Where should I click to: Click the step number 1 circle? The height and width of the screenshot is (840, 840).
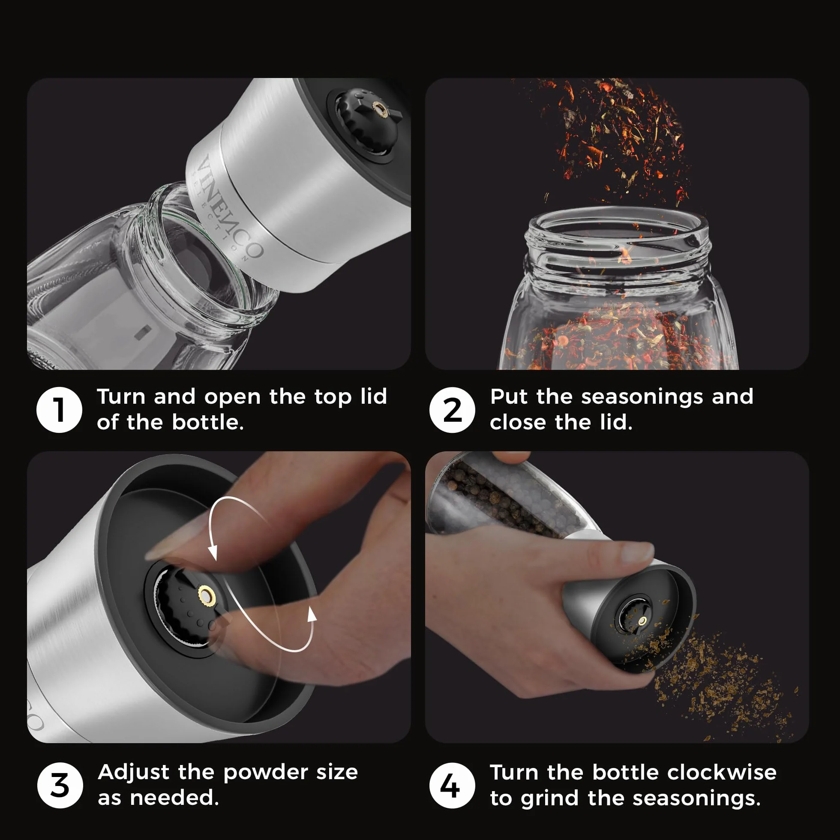[x=59, y=410]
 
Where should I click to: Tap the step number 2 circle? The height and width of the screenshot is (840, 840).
[x=452, y=410]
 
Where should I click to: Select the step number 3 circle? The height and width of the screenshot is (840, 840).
[x=60, y=785]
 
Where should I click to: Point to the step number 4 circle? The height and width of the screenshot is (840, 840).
[x=452, y=785]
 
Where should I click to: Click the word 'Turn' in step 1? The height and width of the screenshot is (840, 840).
[x=121, y=396]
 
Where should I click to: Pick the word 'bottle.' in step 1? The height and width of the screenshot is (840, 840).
[x=208, y=422]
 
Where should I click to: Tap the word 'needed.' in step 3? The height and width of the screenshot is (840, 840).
[x=174, y=798]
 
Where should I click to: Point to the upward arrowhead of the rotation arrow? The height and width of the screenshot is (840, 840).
[x=311, y=614]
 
